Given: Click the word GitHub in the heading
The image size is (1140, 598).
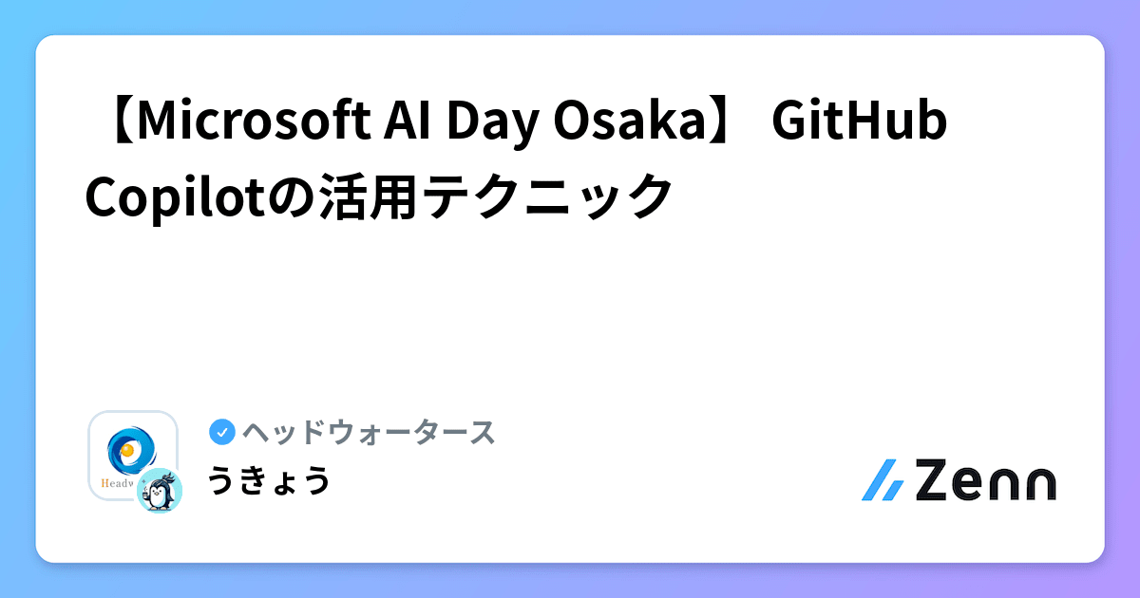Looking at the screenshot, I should tap(860, 123).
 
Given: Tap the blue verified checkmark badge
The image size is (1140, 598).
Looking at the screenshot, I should tap(221, 433).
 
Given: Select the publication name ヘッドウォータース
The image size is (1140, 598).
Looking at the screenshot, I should tap(369, 433).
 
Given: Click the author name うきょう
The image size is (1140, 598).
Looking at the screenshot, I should tap(269, 480).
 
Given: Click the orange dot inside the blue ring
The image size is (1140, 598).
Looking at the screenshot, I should tap(126, 449).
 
